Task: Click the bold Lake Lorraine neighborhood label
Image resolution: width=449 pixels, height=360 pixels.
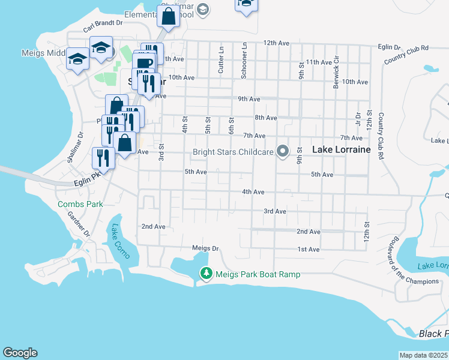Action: tap(341, 149)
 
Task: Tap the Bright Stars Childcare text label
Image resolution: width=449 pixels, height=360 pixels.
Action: tap(232, 152)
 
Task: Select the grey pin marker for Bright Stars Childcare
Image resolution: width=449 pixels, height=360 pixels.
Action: tap(282, 151)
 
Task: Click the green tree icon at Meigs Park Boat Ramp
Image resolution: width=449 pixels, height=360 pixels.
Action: tap(206, 274)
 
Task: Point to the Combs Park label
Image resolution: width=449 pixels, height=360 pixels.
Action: tap(80, 204)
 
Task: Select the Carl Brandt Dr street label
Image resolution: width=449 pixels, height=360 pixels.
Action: tap(103, 25)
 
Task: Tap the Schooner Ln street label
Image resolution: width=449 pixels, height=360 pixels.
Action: tap(244, 61)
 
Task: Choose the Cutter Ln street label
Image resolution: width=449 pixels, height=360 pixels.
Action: tap(221, 62)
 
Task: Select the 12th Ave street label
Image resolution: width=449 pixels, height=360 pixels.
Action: tap(277, 43)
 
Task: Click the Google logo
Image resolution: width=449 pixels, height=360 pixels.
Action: tap(20, 353)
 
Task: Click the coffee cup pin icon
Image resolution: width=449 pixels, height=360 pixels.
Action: tap(145, 65)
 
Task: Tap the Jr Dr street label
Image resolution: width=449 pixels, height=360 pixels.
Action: tap(358, 119)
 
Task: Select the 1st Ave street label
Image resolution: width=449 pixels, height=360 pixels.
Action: tap(309, 249)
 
